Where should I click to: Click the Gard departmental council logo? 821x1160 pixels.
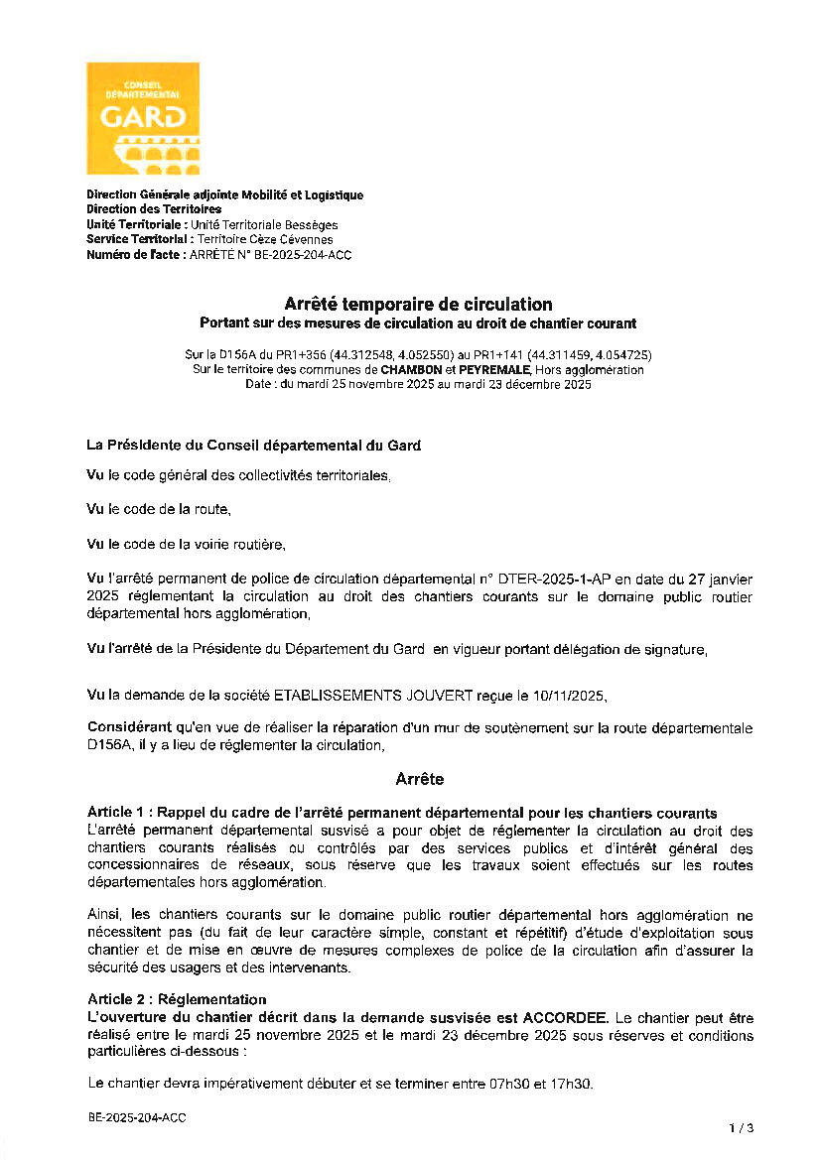coord(142,118)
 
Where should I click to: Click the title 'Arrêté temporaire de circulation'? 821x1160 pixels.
coord(418,305)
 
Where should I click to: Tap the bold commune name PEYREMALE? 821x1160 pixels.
coord(493,370)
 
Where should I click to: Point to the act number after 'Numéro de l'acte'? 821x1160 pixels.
coord(270,255)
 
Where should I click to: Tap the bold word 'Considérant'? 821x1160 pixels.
coord(124,728)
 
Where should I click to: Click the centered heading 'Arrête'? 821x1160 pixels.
coord(419,780)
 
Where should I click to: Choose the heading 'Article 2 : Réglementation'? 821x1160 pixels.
coord(177,999)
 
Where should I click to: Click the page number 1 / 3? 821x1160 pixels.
coord(741,1128)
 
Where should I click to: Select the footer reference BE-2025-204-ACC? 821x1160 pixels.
coord(136,1117)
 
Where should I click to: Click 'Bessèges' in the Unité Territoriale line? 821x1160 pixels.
coord(311,225)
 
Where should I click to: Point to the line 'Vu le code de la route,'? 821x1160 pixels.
coord(159,510)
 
